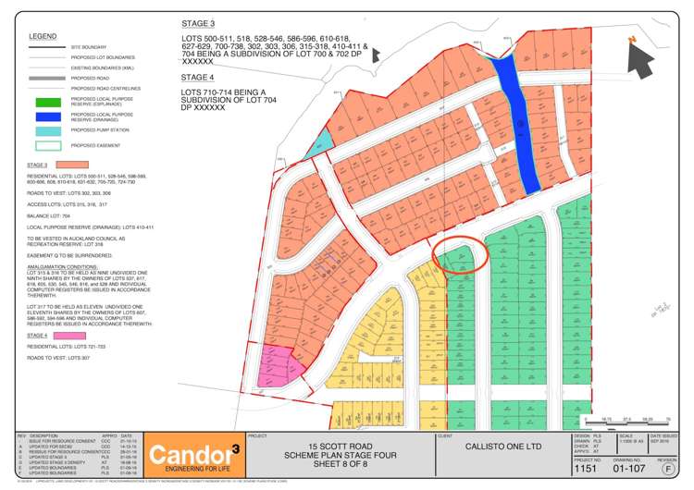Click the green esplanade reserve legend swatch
(47, 103)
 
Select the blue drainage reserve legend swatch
(47, 116)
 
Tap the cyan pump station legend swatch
(47, 131)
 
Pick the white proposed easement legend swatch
(47, 145)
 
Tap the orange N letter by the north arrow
(630, 38)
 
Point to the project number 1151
(586, 468)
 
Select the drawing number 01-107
(630, 468)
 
